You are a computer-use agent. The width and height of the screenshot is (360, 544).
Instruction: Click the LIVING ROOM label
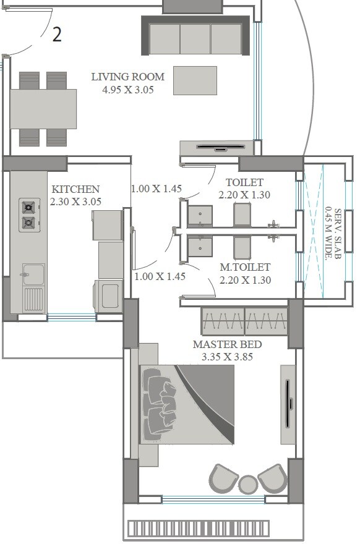click(128, 77)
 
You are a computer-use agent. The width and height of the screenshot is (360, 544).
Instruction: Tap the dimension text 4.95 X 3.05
click(128, 89)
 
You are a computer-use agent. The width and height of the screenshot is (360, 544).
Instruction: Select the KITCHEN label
click(75, 189)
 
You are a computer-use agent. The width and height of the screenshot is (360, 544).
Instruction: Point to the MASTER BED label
click(227, 344)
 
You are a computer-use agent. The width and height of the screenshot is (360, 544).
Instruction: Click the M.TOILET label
click(245, 268)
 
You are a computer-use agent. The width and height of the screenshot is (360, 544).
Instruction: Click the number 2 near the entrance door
click(57, 35)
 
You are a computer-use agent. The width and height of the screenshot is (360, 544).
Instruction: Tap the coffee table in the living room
click(195, 80)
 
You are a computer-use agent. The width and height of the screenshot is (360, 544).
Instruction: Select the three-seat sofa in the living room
click(195, 39)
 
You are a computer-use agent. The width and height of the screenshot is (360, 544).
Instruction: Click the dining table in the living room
click(43, 109)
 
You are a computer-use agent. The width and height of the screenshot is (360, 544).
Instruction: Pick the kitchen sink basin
click(33, 274)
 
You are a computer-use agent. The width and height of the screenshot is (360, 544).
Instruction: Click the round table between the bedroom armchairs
click(248, 483)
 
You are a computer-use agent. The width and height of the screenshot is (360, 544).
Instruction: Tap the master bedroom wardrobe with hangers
click(244, 321)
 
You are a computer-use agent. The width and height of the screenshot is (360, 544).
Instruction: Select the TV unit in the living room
click(216, 148)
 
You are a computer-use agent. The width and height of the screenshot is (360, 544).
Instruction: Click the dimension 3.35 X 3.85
click(227, 357)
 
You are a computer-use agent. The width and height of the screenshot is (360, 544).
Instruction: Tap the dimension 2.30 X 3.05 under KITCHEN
click(75, 202)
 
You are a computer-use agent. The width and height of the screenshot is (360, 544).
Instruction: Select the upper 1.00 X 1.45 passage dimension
click(156, 189)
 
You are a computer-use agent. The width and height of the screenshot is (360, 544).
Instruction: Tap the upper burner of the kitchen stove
click(29, 207)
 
